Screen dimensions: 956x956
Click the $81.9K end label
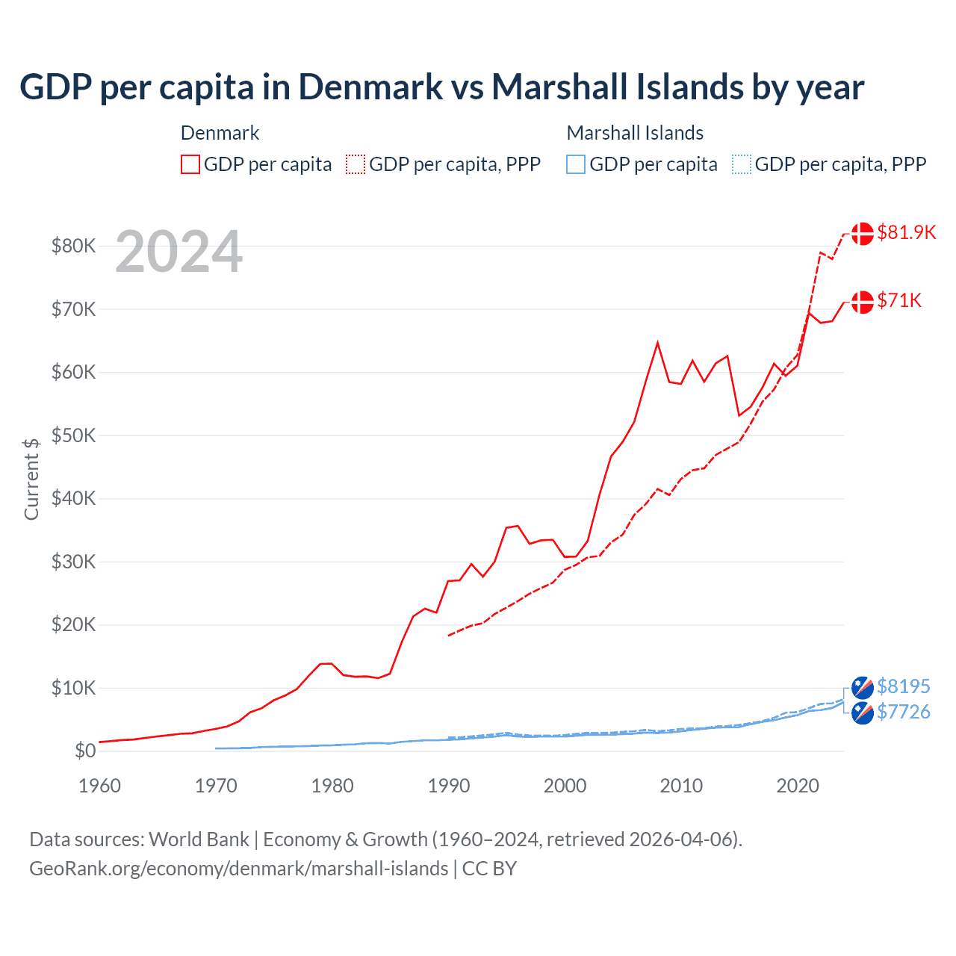906,232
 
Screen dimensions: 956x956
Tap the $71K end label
899,300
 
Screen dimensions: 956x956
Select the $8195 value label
903,686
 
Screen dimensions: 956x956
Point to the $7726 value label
903,712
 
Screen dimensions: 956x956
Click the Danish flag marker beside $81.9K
863,233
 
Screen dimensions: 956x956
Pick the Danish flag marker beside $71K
863,302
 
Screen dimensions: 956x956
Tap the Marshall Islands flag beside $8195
863,687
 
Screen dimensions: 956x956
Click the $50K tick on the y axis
73,435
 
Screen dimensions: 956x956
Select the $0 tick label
85,751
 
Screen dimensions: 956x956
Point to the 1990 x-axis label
449,786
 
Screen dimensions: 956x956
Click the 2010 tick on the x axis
681,786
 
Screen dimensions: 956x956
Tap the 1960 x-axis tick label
99,786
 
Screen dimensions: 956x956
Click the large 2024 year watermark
179,252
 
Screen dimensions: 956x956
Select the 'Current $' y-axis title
31,479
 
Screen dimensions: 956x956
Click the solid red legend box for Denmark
190,164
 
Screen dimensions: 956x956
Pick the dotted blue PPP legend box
742,164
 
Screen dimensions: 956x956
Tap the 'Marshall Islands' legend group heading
635,133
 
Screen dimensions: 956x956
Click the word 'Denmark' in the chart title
370,87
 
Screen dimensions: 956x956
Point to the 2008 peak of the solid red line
657,343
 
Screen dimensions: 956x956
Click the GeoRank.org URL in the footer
239,869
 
